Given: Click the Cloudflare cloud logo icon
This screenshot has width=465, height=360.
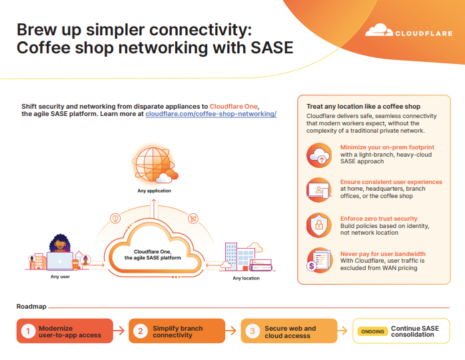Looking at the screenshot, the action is point(378,30).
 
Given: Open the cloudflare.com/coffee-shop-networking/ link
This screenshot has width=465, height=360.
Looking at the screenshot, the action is point(211,114).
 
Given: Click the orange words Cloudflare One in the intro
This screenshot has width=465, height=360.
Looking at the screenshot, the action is point(233,107).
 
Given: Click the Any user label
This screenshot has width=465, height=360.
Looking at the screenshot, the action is point(60,277).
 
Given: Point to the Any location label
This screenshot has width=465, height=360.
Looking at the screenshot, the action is point(246,279).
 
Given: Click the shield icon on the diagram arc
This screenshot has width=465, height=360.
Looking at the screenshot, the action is point(115,219).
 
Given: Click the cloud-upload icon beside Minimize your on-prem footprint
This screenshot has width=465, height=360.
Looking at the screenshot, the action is point(319,155).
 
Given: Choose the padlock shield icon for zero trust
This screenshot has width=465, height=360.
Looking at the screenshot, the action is point(319,225).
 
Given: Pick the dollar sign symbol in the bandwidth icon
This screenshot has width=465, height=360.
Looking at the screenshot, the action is point(311,266).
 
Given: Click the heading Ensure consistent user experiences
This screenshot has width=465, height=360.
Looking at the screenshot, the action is point(391,182).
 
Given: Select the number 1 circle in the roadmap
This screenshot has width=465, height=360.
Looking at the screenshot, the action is point(28,331).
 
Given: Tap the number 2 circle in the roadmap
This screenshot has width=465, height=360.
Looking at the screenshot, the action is point(141,331).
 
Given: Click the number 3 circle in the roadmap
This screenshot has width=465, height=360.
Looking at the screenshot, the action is point(252,331).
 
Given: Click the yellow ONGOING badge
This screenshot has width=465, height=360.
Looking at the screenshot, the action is point(373,331).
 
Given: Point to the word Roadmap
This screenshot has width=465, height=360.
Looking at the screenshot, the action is point(31,307).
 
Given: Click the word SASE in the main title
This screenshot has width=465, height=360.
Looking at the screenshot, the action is point(272,48).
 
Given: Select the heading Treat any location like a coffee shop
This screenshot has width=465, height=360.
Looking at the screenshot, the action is point(363,107).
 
